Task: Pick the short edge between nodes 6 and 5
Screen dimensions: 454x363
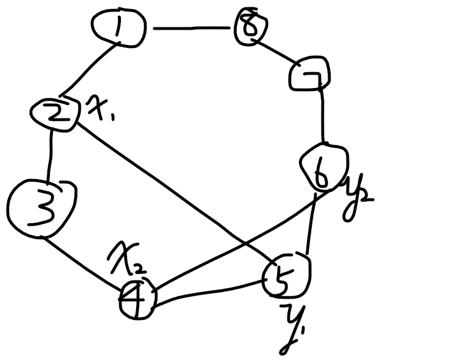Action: point(311,225)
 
